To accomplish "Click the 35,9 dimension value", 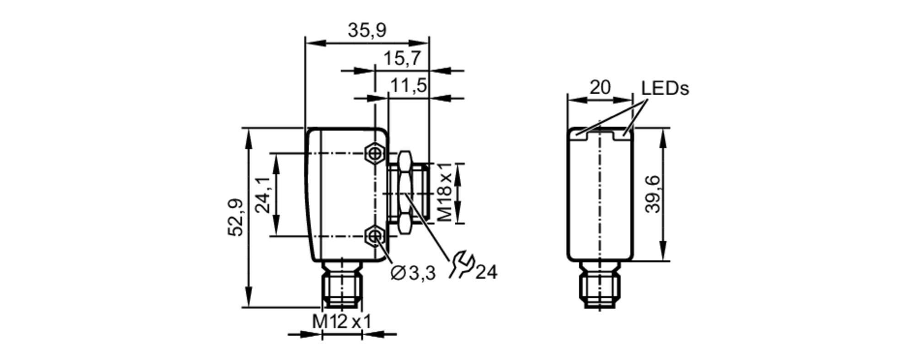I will [x=367, y=31].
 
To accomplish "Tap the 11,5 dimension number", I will [x=408, y=86].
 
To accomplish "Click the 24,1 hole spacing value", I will [x=263, y=195].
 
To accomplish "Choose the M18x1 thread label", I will [x=444, y=193].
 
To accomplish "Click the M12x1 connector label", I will [x=341, y=322].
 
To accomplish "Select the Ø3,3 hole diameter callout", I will [x=413, y=274].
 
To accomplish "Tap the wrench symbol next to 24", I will [x=461, y=265].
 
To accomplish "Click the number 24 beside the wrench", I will [x=486, y=273].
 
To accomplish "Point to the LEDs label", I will [x=664, y=89].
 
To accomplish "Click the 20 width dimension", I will [x=600, y=87].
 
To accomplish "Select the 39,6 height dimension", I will [x=653, y=194].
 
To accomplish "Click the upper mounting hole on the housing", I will [x=374, y=153].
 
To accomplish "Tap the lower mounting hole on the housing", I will [x=374, y=236].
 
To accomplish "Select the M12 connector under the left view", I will [x=342, y=285].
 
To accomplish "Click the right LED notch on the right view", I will [x=625, y=134].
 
